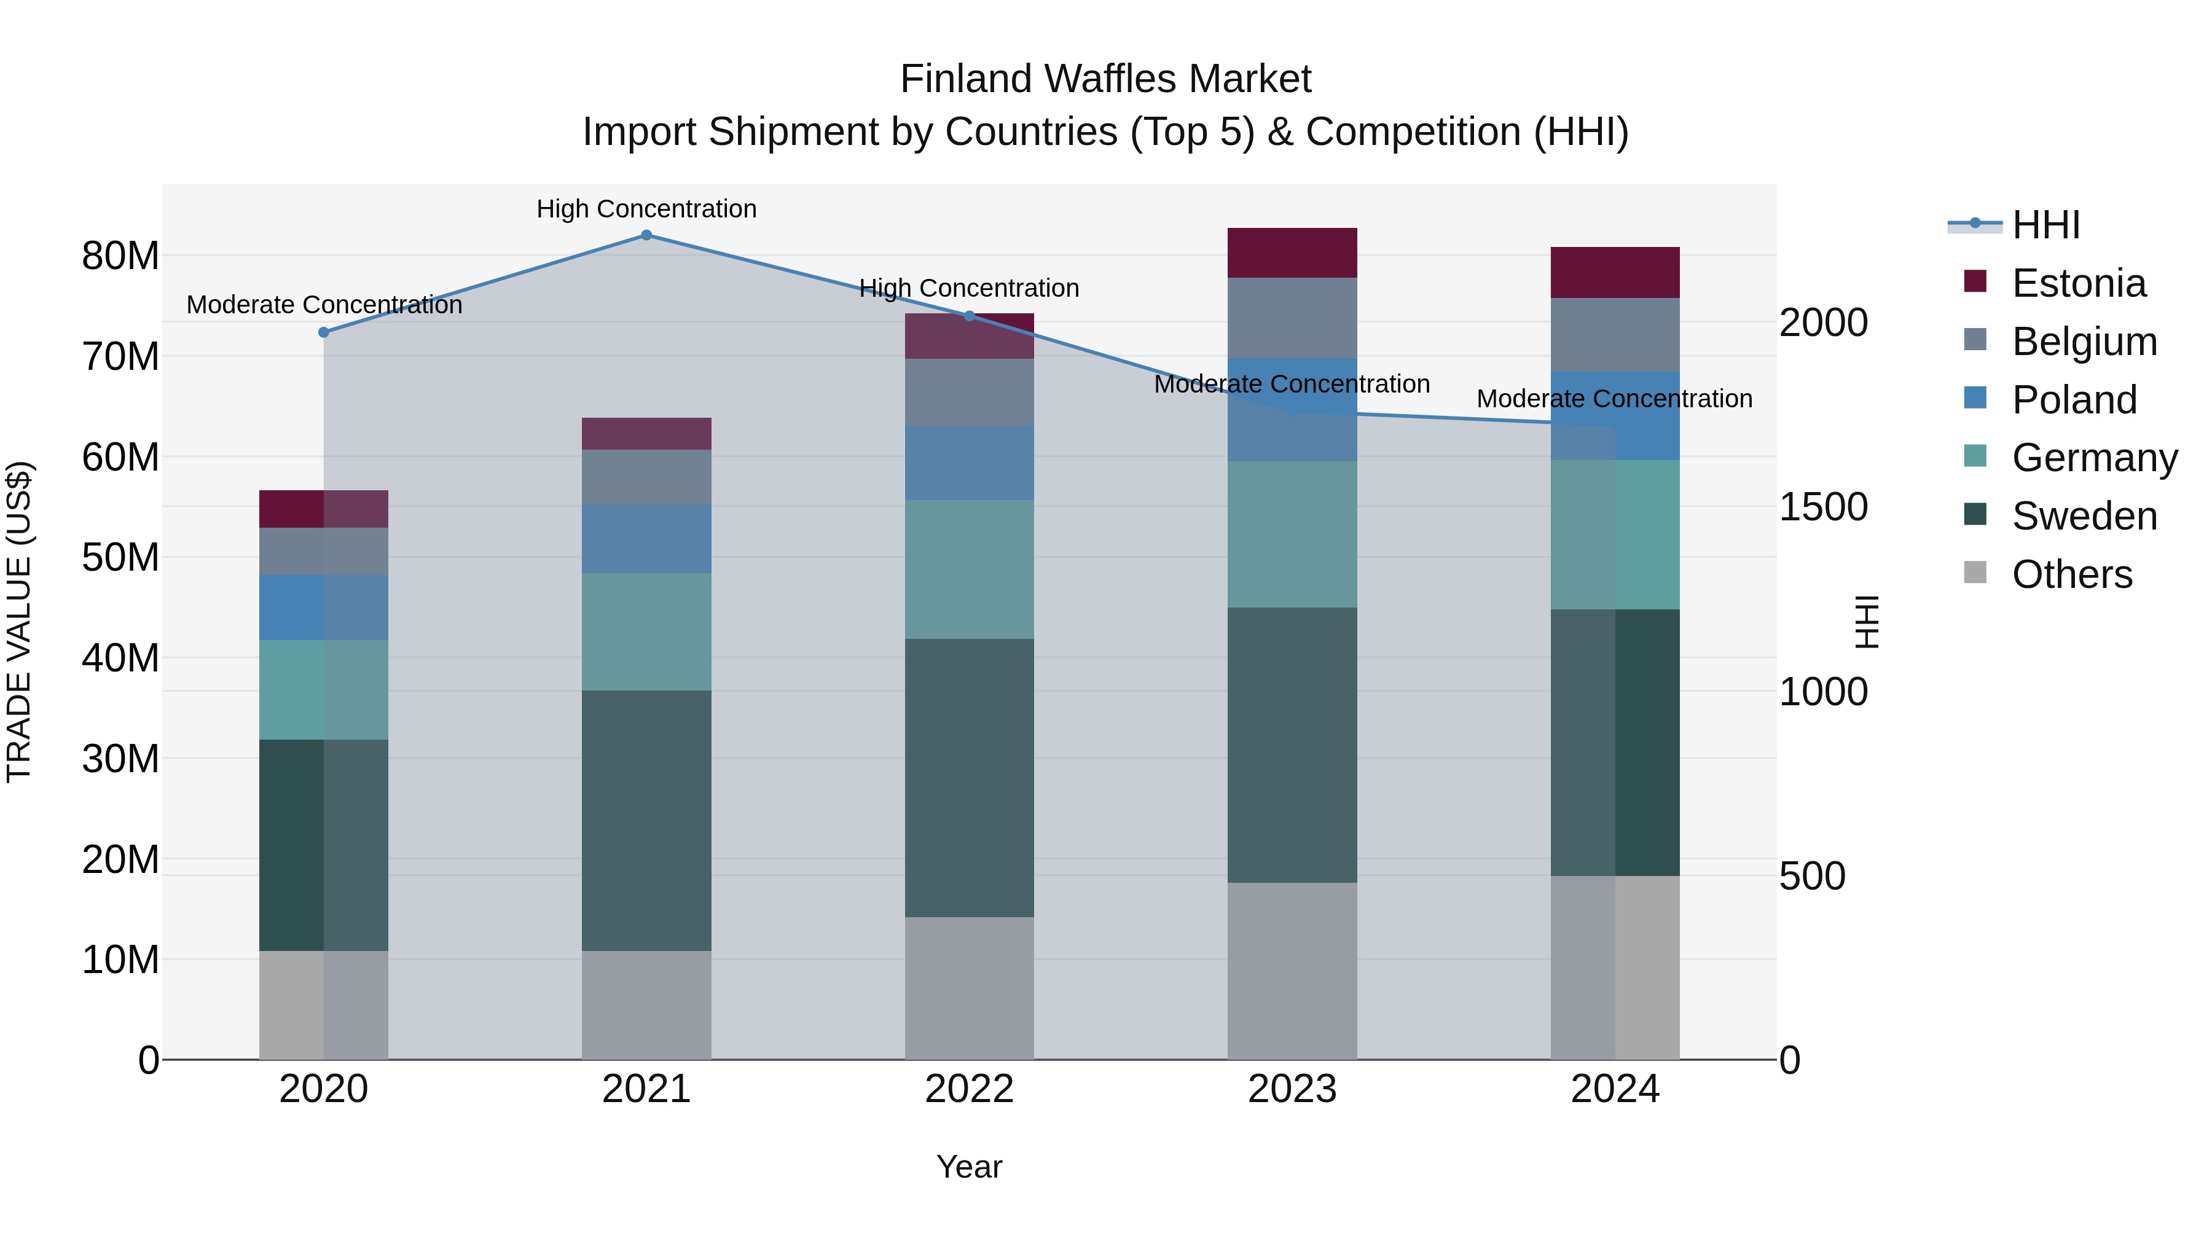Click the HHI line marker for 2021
click(646, 235)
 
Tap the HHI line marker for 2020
click(324, 332)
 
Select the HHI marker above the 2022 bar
click(970, 316)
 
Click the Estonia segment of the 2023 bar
click(1292, 252)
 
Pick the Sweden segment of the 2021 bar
click(646, 820)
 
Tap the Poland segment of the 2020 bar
click(324, 607)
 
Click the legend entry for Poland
click(2074, 400)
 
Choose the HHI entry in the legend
click(2045, 225)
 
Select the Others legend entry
click(2071, 574)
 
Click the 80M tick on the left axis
click(120, 256)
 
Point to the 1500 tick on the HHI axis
click(1822, 507)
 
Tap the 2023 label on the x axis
click(1292, 1089)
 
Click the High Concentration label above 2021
click(646, 209)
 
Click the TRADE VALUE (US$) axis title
click(19, 622)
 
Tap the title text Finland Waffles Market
click(1105, 79)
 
